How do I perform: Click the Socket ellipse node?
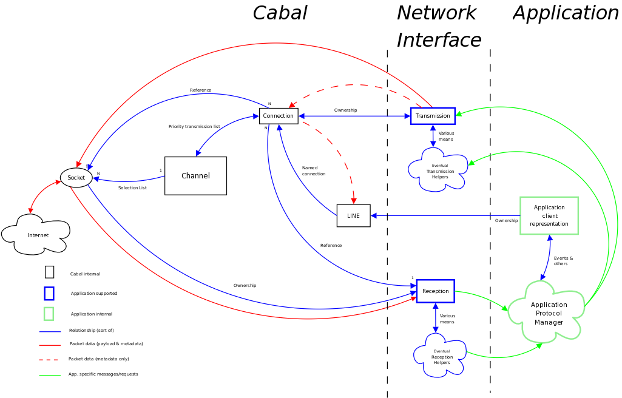pos(76,178)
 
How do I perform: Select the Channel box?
pos(195,176)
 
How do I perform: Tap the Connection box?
pos(279,116)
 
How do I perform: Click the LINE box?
pos(353,216)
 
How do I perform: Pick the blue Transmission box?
pos(433,116)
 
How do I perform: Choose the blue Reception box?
pos(435,291)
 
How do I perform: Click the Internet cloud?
pos(37,235)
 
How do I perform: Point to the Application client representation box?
pos(549,215)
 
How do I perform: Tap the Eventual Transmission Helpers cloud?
pos(439,171)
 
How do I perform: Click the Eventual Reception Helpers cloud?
pos(441,357)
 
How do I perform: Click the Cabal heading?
pos(280,13)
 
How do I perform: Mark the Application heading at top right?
pos(565,13)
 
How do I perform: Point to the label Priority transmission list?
pos(194,127)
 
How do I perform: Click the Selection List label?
pos(132,188)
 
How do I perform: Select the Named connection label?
pos(313,171)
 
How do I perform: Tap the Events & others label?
pos(563,261)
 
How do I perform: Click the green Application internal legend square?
pos(49,314)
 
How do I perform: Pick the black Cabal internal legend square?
pos(49,272)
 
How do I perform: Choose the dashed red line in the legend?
pos(50,360)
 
